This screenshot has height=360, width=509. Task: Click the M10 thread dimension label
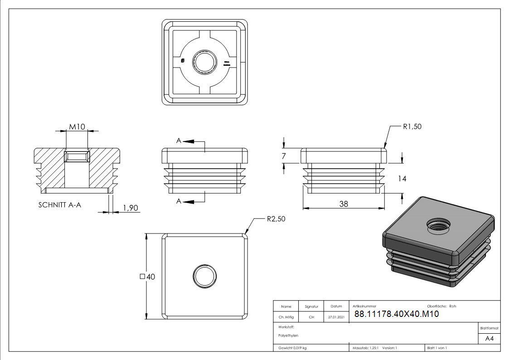[x=77, y=126]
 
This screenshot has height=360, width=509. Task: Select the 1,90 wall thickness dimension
[x=130, y=208]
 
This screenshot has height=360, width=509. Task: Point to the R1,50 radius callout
[x=412, y=126]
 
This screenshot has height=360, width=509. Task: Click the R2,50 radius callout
[x=276, y=219]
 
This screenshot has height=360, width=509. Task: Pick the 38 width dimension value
[x=344, y=204]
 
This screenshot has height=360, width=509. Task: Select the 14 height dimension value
[x=402, y=179]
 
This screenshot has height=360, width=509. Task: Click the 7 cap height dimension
[x=284, y=156]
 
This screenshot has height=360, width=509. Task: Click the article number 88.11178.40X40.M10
[x=396, y=314]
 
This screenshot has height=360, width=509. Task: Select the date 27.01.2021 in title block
[x=336, y=317]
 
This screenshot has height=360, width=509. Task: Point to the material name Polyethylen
[x=289, y=336]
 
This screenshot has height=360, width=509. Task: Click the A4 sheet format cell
[x=490, y=339]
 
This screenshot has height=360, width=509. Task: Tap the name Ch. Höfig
[x=286, y=317]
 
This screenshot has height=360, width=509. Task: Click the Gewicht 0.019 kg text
[x=293, y=348]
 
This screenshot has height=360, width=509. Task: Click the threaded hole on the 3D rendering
[x=438, y=224]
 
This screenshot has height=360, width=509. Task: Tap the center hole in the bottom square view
[x=205, y=276]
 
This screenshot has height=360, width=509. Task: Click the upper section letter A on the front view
[x=179, y=141]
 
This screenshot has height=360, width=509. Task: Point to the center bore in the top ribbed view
[x=205, y=62]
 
